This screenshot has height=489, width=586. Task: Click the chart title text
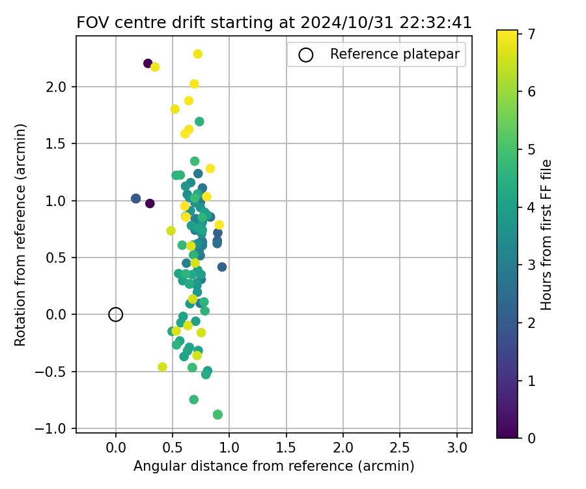coord(274,22)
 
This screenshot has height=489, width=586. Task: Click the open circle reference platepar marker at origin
coord(116,314)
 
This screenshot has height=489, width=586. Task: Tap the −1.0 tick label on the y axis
coord(57,428)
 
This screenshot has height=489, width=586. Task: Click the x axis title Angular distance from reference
coord(273,466)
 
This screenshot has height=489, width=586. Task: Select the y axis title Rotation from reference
coord(20,233)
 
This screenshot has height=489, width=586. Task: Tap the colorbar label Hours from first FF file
coord(547,234)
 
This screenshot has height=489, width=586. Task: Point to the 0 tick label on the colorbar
coord(531,437)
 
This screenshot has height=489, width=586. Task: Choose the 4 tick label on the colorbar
coord(531,207)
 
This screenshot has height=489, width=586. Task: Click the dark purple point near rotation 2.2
coord(148,63)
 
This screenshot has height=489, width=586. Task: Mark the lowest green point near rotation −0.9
coord(217,415)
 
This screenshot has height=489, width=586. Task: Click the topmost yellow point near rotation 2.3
coord(198,54)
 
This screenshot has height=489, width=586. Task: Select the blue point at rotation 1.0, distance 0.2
coord(135,198)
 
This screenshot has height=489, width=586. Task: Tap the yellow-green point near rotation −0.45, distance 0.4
coord(162,367)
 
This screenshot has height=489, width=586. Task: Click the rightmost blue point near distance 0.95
coord(222,267)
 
